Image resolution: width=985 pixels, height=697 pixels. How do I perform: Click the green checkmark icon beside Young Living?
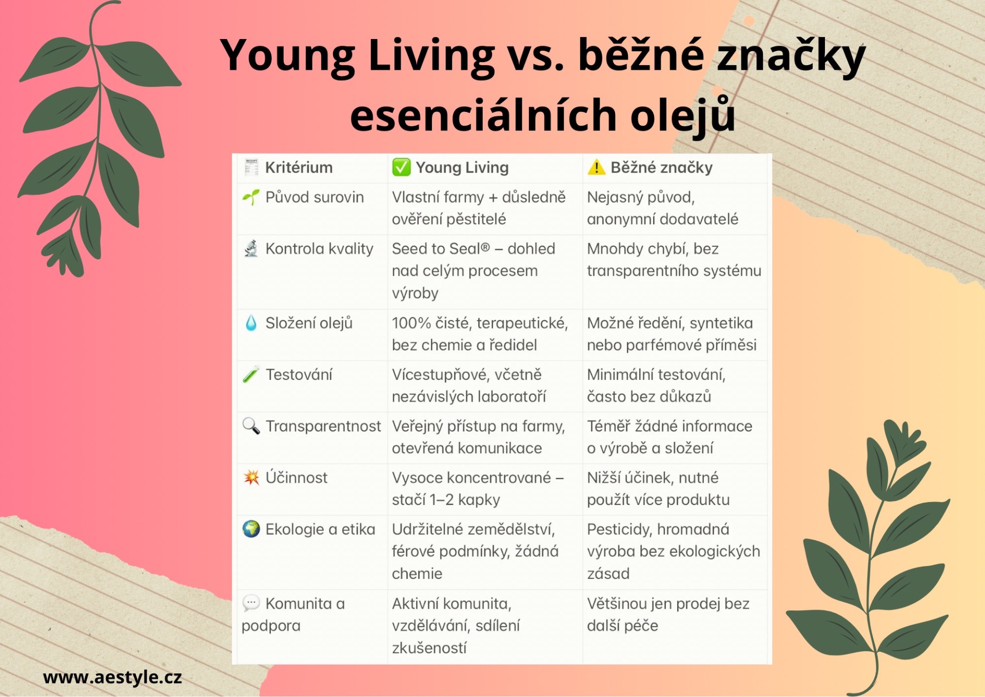401,167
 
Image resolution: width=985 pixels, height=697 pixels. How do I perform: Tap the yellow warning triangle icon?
596,167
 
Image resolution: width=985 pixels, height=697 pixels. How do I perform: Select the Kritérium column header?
299,167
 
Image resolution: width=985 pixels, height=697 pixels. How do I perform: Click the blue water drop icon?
251,323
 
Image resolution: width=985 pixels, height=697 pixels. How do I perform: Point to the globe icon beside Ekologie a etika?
251,529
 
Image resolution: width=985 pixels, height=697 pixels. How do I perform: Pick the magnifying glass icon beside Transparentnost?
251,425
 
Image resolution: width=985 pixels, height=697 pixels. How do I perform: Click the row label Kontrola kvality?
319,249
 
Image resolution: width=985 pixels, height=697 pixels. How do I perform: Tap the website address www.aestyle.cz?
112,677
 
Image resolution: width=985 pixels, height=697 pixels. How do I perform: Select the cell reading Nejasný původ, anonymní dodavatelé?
662,208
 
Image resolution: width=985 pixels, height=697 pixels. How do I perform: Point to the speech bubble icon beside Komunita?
251,603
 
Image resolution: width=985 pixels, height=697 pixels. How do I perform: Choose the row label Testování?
299,375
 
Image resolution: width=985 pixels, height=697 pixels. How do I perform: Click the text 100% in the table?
411,323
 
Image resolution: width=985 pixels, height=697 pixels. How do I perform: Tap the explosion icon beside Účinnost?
251,477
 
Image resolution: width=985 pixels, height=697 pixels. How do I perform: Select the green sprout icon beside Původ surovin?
251,197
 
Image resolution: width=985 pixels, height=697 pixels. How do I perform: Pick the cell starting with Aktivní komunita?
456,626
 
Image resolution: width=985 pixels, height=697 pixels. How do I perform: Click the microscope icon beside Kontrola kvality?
251,249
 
